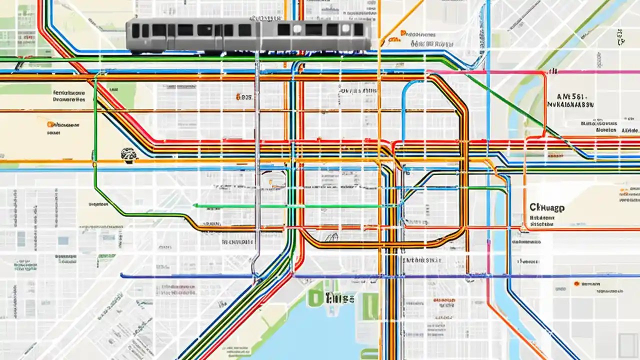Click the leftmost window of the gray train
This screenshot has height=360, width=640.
(135, 30)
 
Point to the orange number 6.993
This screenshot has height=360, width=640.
(244, 97)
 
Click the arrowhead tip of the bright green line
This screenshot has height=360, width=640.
(195, 205)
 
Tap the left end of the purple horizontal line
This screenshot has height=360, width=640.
(122, 275)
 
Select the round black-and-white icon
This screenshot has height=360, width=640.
(128, 154)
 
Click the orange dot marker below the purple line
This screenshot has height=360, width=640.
(576, 283)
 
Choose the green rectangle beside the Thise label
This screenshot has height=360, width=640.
(370, 306)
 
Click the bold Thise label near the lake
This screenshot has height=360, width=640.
(340, 298)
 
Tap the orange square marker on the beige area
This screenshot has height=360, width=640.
(50, 124)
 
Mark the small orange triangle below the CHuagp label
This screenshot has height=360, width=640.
(523, 228)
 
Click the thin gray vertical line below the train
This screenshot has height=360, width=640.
(257, 150)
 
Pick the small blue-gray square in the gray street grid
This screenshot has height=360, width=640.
(63, 240)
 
